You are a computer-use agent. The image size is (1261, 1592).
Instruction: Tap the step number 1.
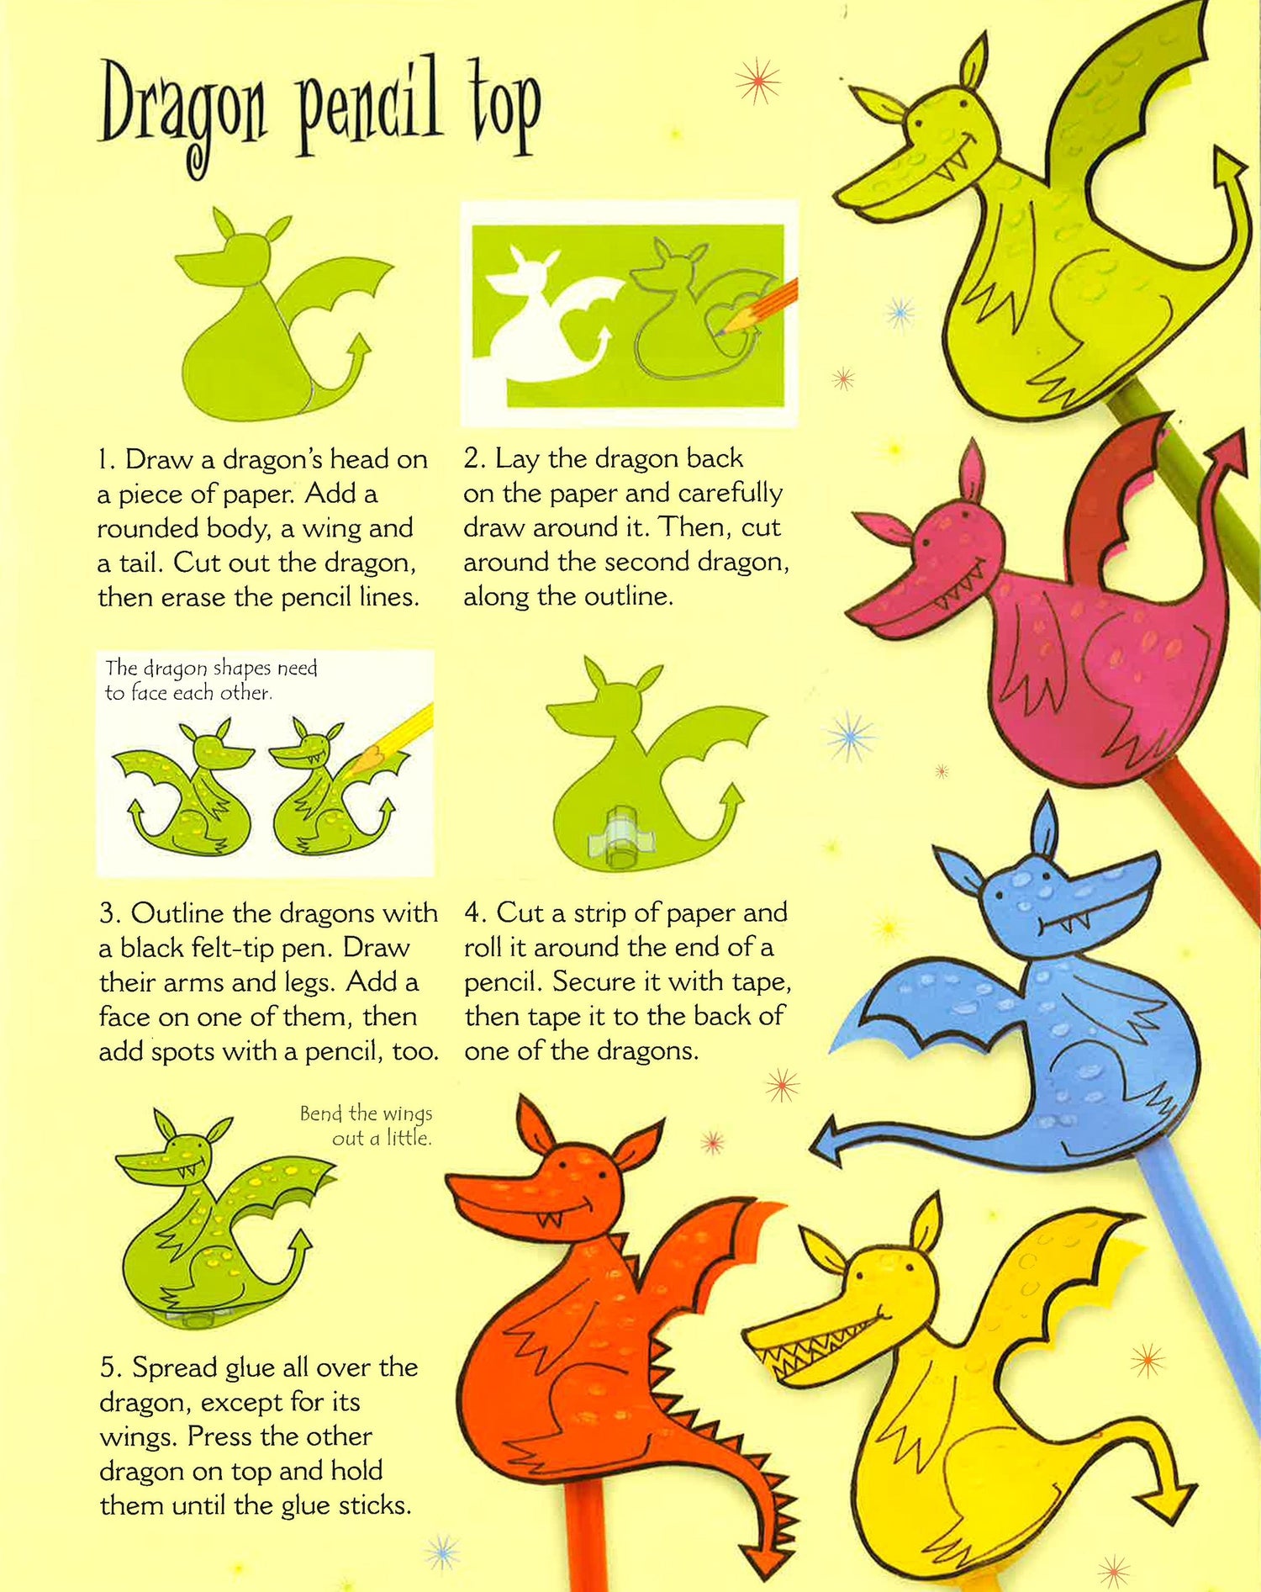(x=103, y=460)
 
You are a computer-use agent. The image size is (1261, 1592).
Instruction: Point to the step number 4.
(x=473, y=913)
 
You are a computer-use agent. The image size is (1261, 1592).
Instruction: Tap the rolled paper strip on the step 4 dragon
(x=623, y=835)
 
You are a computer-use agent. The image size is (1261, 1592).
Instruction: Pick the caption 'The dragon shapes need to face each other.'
(x=211, y=680)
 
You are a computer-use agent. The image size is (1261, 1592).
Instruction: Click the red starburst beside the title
(x=757, y=81)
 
